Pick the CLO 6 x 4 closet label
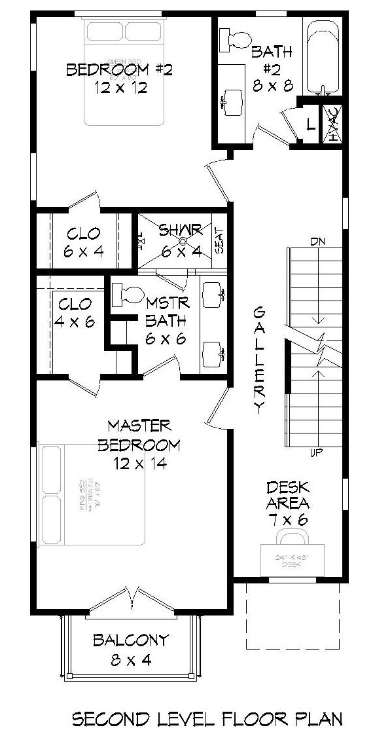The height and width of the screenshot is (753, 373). point(84,241)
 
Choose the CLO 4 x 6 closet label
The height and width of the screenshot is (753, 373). point(75,312)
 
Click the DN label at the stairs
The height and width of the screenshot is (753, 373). point(318,243)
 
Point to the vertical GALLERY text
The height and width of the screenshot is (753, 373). point(260,360)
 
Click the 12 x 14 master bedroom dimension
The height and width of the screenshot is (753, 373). point(139,464)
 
